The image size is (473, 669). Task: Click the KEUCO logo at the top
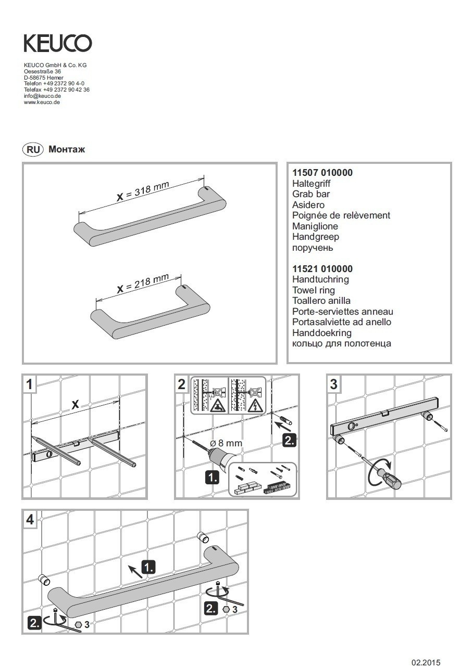click(x=58, y=43)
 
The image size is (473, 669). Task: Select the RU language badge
click(x=33, y=149)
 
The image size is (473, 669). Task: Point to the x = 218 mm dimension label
click(x=142, y=284)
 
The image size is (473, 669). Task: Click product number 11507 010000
click(x=322, y=173)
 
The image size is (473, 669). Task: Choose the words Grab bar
click(x=311, y=194)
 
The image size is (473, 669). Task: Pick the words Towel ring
click(x=314, y=290)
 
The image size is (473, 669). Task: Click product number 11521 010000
click(x=322, y=269)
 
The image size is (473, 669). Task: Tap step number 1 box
click(x=30, y=384)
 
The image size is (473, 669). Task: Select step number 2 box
click(x=181, y=384)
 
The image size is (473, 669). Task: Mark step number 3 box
click(x=334, y=384)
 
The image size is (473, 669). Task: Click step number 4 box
click(x=30, y=519)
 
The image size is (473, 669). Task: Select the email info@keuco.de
click(x=43, y=96)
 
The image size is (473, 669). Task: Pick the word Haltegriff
click(x=312, y=184)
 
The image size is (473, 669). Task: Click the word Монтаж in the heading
click(x=67, y=149)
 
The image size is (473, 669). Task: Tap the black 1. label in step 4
click(x=148, y=567)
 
